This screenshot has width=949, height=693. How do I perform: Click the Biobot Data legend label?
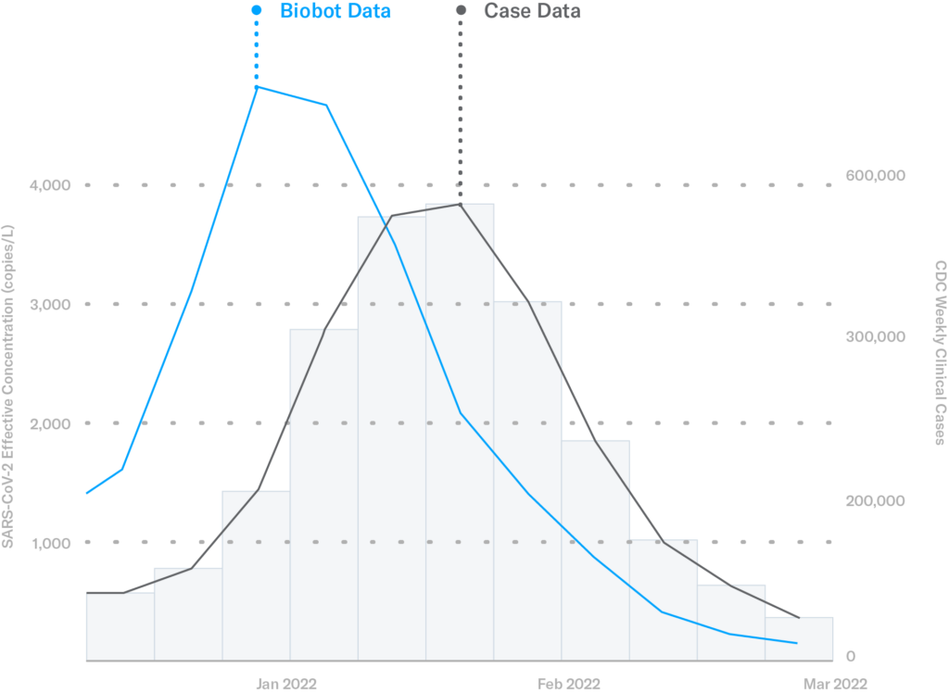click(x=335, y=12)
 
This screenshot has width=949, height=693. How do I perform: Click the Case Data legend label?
click(x=532, y=12)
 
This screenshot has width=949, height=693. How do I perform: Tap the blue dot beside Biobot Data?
click(x=257, y=12)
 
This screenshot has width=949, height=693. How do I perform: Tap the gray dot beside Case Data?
click(x=461, y=12)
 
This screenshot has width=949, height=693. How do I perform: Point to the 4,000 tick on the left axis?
click(x=50, y=185)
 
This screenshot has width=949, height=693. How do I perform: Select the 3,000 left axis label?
click(x=50, y=304)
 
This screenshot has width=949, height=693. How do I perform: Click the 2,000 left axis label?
click(x=50, y=423)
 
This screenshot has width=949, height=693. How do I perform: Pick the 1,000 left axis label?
click(x=50, y=542)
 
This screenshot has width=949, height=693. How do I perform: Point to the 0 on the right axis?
click(x=851, y=657)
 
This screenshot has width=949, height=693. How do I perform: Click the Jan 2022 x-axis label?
click(x=286, y=685)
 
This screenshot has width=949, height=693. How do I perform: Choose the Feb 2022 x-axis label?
click(x=569, y=685)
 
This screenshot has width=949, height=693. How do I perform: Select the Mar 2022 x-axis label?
click(x=836, y=685)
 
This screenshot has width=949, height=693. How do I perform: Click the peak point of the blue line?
click(x=257, y=87)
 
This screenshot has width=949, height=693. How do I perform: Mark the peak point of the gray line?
click(x=461, y=204)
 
